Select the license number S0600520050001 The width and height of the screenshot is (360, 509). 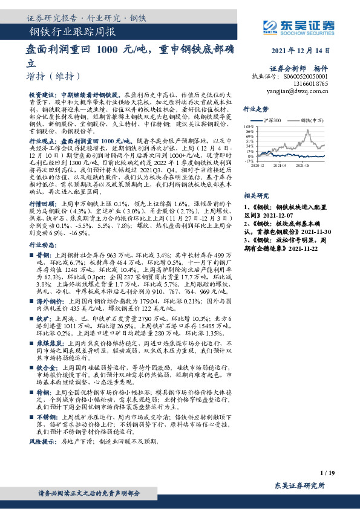click(x=306, y=77)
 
